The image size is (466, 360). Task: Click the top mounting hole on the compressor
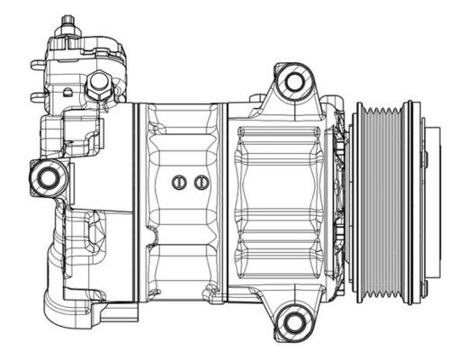tap(292, 83)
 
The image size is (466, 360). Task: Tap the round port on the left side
tap(46, 177)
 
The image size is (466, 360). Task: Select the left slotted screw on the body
tap(178, 183)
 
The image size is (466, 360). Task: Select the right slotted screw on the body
tap(198, 183)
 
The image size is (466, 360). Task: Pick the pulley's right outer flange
tap(411, 202)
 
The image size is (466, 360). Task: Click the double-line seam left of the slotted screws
tap(139, 202)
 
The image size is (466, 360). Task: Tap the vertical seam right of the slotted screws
tap(223, 202)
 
